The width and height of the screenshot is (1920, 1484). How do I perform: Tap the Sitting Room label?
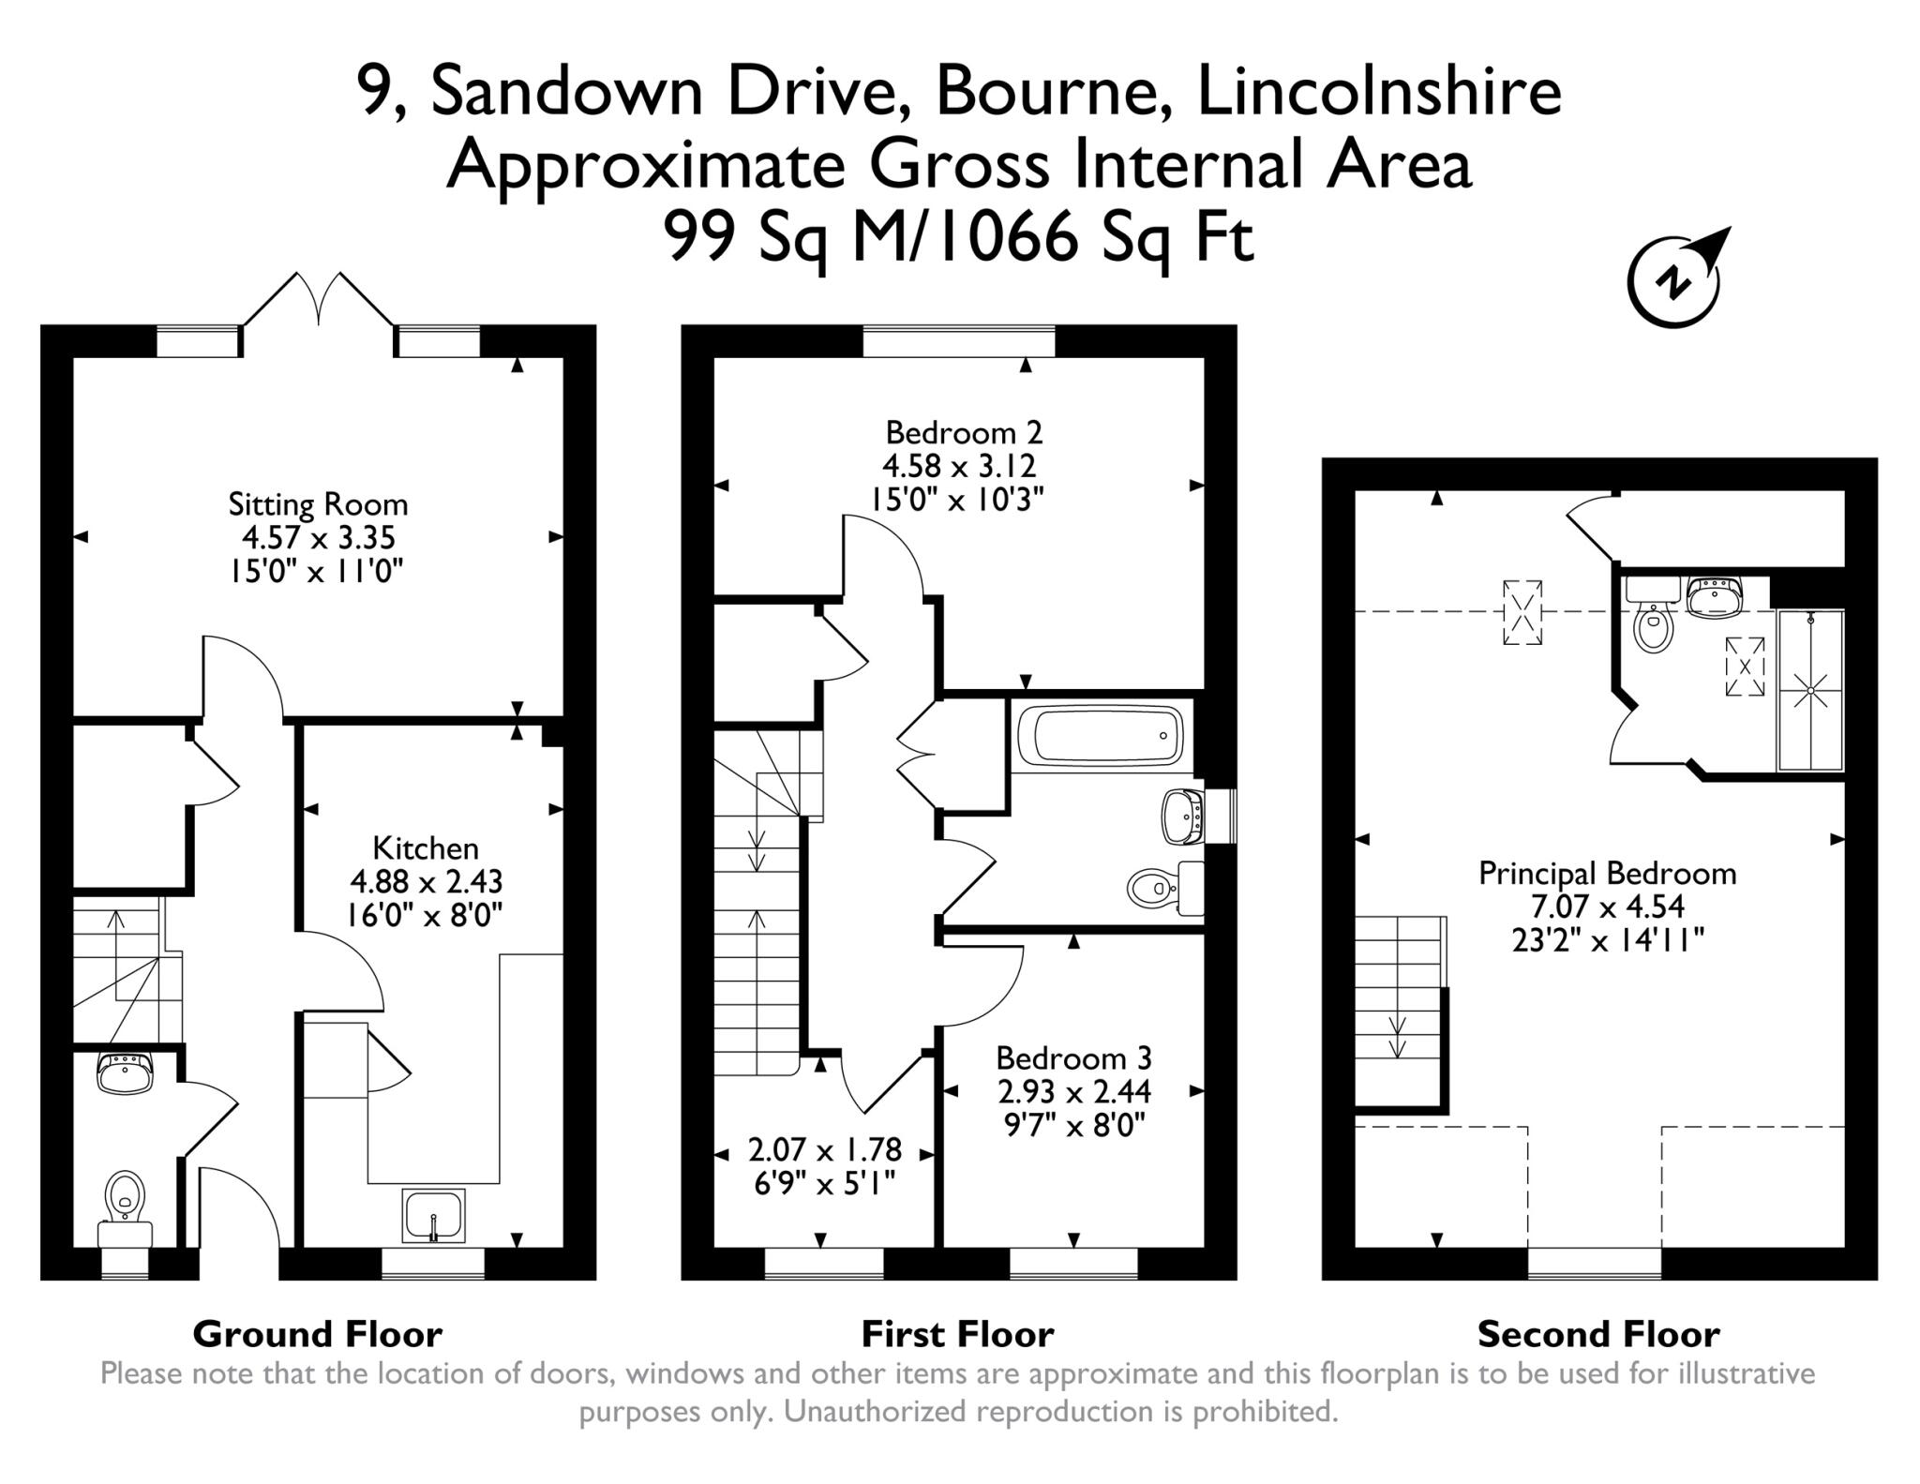click(x=318, y=504)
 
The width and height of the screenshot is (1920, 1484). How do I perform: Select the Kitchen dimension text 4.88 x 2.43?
click(x=426, y=881)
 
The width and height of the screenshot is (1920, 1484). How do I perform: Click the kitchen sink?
click(x=433, y=1215)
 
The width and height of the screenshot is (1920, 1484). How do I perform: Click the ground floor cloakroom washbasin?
click(x=124, y=1072)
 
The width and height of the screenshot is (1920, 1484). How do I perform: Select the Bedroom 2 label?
click(x=963, y=432)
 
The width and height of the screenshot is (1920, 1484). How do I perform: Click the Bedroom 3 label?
click(x=1072, y=1057)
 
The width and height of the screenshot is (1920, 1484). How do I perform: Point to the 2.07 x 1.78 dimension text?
click(x=824, y=1148)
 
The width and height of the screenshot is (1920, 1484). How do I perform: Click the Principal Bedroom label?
click(x=1607, y=873)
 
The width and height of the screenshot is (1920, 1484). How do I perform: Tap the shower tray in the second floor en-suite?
click(x=1809, y=690)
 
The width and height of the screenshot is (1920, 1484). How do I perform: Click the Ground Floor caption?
click(x=317, y=1333)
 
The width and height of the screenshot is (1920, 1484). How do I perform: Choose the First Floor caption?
click(x=957, y=1333)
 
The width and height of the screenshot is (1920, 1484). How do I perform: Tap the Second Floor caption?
click(x=1597, y=1333)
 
